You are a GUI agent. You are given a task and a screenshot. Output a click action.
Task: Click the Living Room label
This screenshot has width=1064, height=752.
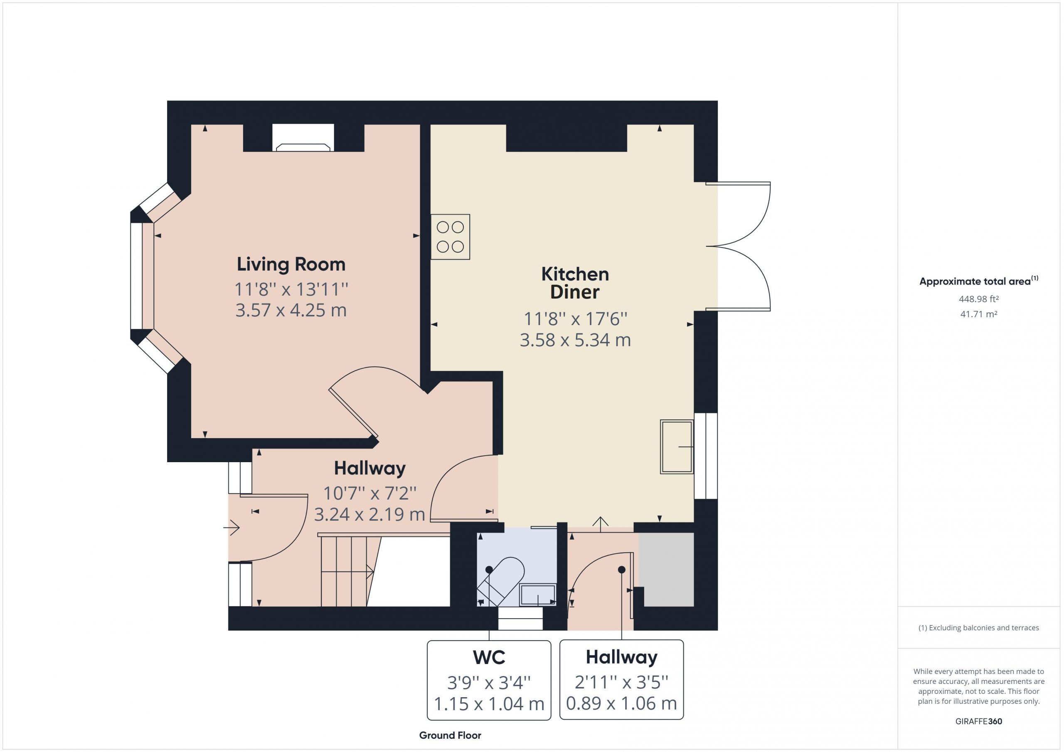coord(291,265)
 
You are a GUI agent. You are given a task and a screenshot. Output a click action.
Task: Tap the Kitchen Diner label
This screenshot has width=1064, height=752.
coord(575,283)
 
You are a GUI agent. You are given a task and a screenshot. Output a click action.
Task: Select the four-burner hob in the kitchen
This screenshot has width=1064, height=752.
coord(450,237)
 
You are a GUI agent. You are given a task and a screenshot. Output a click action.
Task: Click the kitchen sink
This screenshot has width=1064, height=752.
coord(677,446)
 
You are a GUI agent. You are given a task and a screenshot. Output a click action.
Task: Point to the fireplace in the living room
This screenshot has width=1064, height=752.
coord(303,137)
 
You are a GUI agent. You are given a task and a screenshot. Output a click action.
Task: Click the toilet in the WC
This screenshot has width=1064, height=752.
coord(501,581)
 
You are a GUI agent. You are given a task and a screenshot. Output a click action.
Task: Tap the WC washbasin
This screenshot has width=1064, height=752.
coord(537,595)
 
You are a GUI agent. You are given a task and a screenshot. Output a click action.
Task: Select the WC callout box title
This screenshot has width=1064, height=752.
coord(489,657)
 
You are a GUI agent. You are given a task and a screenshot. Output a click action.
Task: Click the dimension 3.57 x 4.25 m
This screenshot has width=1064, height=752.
coord(291,310)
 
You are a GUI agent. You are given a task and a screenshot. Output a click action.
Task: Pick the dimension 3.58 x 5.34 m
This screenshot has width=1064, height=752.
coord(575,340)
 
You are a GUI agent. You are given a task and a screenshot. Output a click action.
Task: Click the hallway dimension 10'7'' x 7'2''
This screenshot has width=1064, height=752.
coord(370,493)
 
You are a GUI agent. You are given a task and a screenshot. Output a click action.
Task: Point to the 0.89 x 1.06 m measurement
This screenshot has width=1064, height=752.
coord(621,703)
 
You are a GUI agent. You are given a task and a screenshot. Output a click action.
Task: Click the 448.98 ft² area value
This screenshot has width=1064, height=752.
coord(979,299)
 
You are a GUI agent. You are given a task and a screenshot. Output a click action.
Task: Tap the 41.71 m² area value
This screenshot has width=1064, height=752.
coord(979,314)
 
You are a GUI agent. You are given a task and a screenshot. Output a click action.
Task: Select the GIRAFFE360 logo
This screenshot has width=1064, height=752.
coord(979,721)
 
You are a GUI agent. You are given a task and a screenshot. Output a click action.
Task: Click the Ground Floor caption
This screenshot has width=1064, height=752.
coord(450,735)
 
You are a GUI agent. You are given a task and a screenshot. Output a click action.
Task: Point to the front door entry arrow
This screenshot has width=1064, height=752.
coord(231,527)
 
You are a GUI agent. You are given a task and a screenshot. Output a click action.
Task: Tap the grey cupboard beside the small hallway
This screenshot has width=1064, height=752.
coord(666,569)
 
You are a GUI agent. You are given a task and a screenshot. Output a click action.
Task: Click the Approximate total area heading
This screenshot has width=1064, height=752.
coord(979,281)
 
